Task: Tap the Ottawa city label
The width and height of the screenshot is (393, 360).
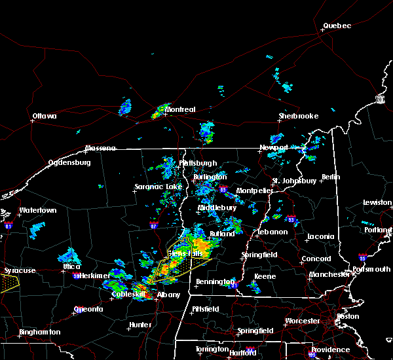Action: pos(45,117)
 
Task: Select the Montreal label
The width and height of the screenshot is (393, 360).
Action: pos(180,109)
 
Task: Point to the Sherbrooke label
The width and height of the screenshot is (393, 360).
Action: pos(298,116)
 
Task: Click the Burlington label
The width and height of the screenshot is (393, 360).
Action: pos(210,177)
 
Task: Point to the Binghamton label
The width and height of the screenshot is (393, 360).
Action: pos(39,332)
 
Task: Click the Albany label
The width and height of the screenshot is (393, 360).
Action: pos(168,295)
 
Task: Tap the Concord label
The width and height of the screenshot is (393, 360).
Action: pos(316,259)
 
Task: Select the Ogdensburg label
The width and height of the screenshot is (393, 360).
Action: pos(70,162)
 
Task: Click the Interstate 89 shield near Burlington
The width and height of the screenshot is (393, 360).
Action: pos(224,190)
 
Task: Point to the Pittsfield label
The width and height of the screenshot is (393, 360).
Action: pos(209,308)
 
